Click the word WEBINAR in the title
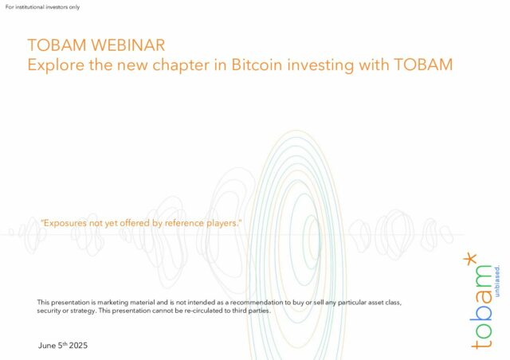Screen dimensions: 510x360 point(128,45)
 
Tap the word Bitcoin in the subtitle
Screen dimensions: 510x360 point(257,65)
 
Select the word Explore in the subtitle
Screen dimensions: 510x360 point(56,65)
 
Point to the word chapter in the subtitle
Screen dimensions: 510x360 point(181,65)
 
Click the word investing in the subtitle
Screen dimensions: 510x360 point(320,65)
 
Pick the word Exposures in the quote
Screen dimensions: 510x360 point(64,224)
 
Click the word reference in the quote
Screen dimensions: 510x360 point(184,223)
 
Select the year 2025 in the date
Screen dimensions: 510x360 point(78,346)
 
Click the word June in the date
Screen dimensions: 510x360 point(47,346)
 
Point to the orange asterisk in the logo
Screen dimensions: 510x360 point(469,259)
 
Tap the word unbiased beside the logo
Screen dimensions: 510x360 point(497,281)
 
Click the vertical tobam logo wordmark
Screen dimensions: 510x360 point(481,307)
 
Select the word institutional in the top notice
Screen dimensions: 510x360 point(29,7)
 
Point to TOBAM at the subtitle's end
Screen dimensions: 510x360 point(423,65)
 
